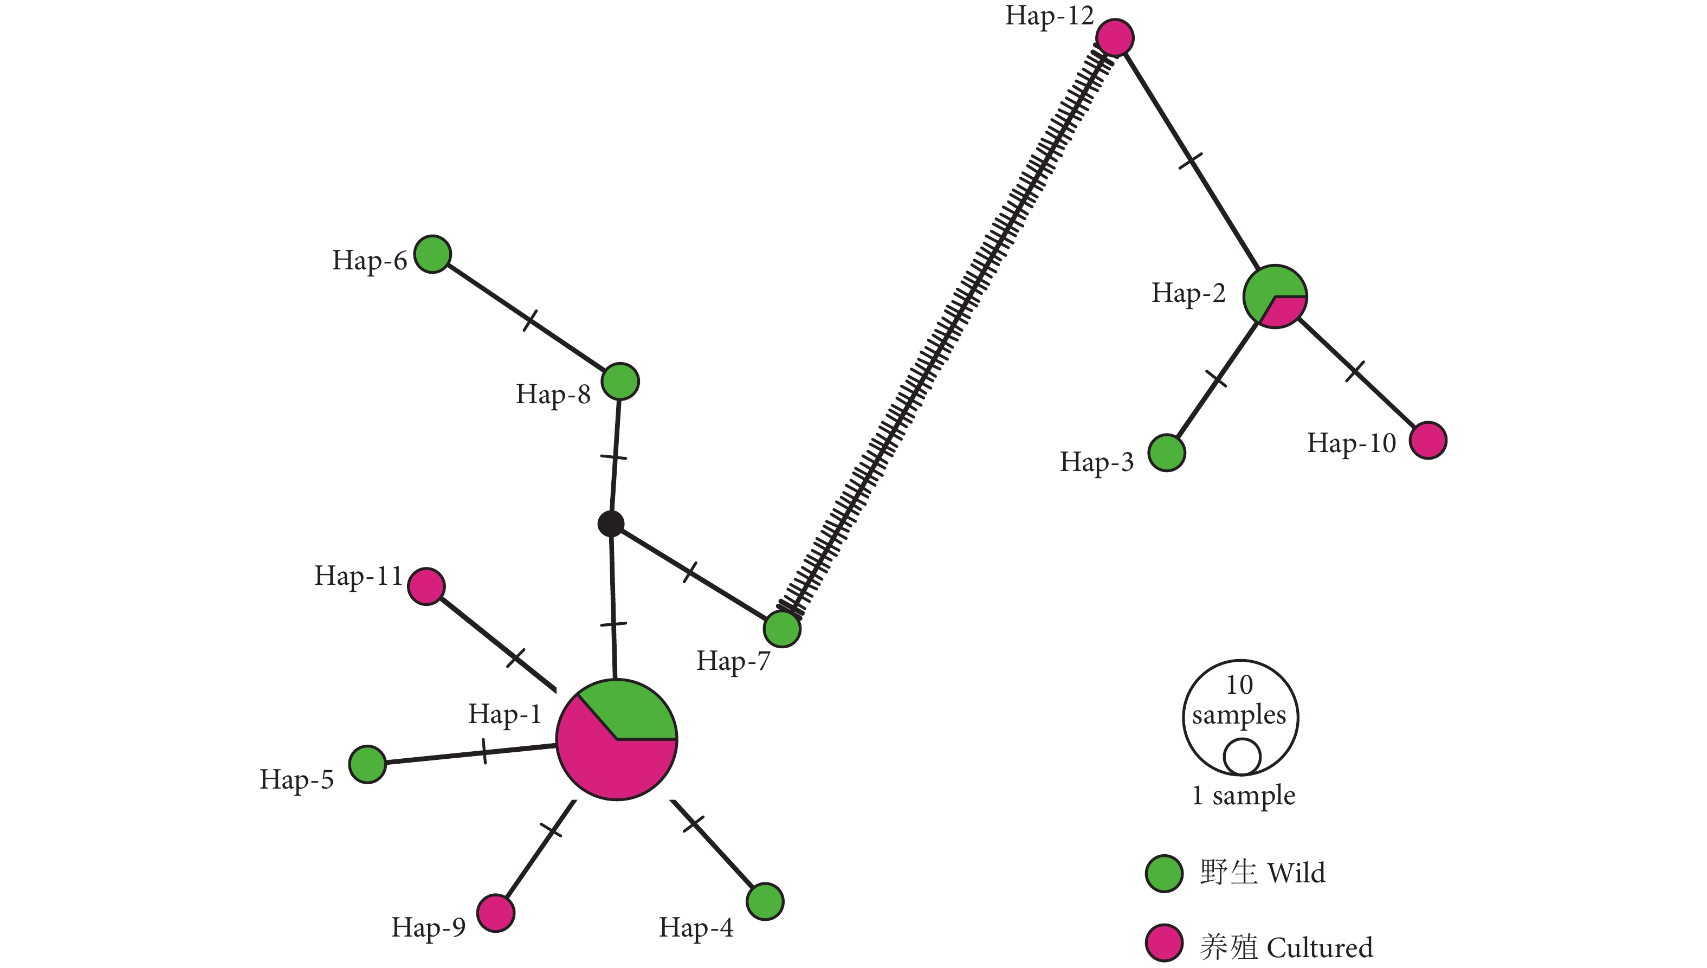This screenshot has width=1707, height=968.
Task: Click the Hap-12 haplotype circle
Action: coord(1115,38)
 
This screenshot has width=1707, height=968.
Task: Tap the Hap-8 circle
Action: coord(620,382)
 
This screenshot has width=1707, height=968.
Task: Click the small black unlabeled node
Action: coord(611,524)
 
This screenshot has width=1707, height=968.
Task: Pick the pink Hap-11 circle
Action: coord(426,586)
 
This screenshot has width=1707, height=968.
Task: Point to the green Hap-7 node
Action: coord(782,629)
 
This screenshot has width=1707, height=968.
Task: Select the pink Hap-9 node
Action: coord(496,913)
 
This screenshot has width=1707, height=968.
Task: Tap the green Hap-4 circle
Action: coord(765,901)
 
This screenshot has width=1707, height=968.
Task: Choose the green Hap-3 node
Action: coord(1167,453)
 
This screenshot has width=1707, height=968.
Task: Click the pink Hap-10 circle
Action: coord(1428,440)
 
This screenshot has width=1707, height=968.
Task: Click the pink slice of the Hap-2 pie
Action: coord(1285,311)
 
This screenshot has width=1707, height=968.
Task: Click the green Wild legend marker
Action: coord(1165,873)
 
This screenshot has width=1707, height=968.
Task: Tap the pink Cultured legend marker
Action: coord(1165,943)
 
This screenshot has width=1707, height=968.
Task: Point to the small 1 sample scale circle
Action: coord(1242,757)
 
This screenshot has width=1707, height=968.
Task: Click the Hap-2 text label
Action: coord(1188,293)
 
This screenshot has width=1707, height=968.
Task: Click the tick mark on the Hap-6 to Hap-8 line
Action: coord(530,320)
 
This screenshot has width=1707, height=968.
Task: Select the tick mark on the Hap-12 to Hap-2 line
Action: coord(1190,160)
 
